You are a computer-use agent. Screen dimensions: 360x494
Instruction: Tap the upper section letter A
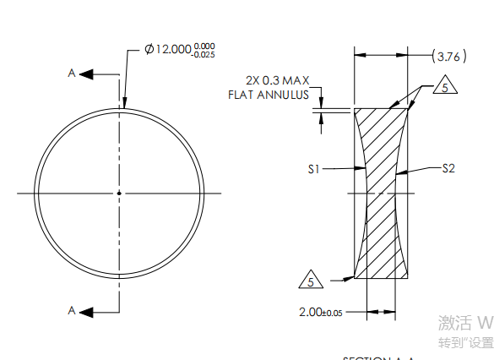coord(72,74)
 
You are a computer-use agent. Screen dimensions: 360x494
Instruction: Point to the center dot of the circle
coord(119,194)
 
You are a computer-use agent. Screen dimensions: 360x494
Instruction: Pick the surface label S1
coord(313,169)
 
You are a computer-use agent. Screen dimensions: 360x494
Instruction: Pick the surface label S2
coord(448,169)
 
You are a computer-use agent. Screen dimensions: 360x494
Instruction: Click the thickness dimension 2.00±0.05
coord(321,312)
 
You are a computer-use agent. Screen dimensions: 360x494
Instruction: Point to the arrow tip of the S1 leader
coord(363,169)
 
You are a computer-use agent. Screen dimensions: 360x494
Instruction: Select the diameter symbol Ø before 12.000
coord(149,50)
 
